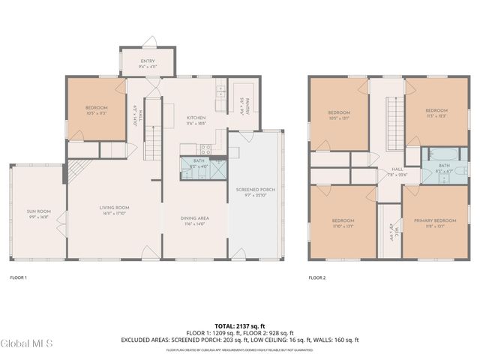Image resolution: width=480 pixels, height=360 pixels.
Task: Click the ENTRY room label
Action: click(147, 61)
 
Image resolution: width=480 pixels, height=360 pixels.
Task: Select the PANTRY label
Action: click(244, 106)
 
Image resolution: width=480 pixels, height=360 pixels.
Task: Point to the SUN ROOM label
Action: click(38, 212)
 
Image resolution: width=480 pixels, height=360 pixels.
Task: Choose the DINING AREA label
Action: click(193, 219)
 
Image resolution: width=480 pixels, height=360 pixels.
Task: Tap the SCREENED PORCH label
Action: click(255, 190)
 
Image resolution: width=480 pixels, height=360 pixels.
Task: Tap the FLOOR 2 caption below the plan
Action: click(317, 277)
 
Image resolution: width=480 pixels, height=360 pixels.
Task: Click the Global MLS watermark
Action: click(27, 344)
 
